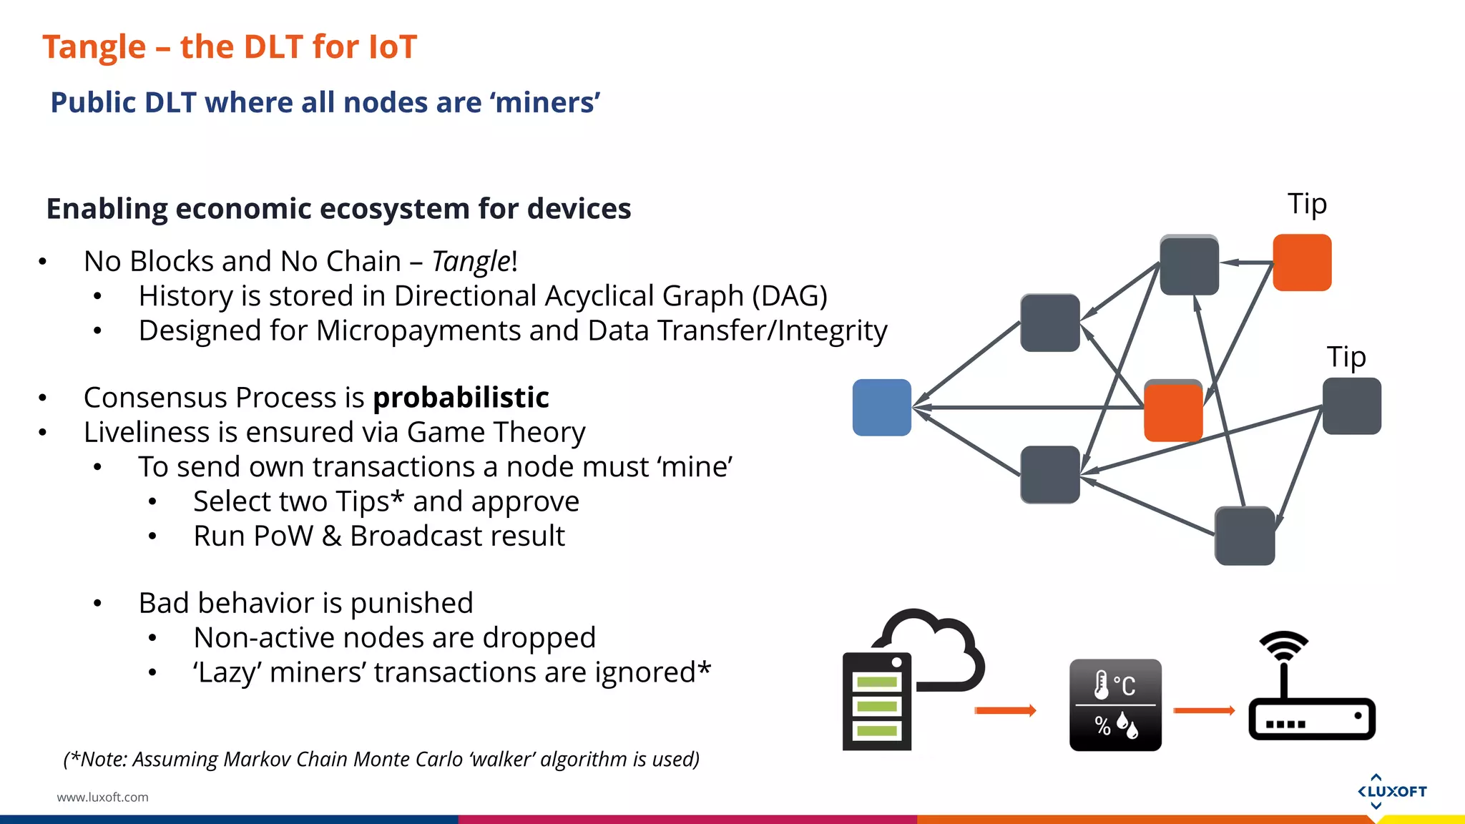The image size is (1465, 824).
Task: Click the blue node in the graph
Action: [881, 408]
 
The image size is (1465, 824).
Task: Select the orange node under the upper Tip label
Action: [1302, 263]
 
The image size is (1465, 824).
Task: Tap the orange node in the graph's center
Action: [1173, 411]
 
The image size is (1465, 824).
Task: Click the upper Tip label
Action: [1307, 205]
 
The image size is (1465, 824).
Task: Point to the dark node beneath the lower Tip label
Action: [1351, 406]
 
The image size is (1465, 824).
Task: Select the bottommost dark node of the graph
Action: [1245, 536]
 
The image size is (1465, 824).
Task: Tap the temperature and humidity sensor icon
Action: [1115, 705]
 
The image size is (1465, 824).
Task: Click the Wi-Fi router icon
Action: [1310, 690]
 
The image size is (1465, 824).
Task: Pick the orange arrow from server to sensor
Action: [1005, 710]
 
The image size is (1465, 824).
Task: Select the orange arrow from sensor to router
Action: [1204, 710]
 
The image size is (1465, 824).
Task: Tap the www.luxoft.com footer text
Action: [103, 797]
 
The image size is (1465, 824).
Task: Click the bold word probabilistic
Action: [461, 398]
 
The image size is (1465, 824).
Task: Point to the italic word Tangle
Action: [471, 262]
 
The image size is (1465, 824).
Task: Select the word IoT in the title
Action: [392, 47]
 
